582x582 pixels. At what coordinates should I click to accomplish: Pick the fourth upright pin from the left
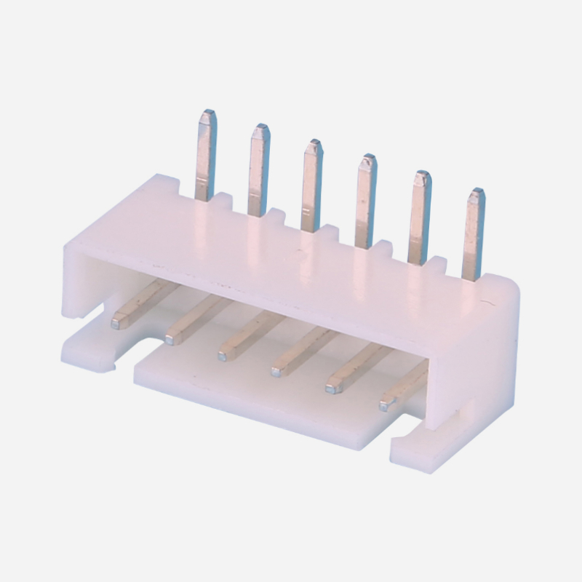point(366,200)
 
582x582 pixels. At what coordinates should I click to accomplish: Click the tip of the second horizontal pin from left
point(172,336)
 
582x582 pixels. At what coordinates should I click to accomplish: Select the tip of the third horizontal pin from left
point(223,354)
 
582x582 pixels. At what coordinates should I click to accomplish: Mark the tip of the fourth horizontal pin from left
point(277,372)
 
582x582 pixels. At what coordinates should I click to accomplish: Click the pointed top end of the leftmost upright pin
point(208,115)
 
